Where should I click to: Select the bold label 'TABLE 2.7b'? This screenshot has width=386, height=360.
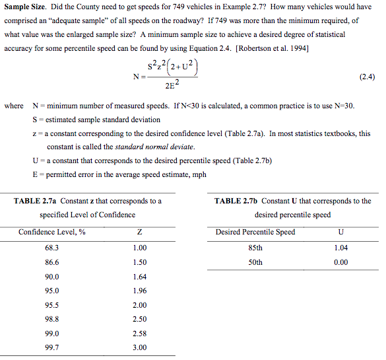(x=236, y=201)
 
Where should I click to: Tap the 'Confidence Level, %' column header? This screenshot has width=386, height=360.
(x=51, y=232)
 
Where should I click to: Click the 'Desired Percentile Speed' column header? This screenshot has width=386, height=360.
(x=255, y=232)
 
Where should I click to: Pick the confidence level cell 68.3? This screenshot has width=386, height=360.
(x=51, y=248)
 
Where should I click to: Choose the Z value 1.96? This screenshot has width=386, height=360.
(x=139, y=291)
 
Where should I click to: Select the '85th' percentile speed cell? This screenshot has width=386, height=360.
(x=255, y=248)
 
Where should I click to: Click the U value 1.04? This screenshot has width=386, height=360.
(x=340, y=248)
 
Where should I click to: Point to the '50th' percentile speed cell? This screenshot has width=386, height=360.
(x=255, y=262)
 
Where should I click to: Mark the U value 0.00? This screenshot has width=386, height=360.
(x=340, y=262)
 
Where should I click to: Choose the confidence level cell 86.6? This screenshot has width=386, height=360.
(x=51, y=262)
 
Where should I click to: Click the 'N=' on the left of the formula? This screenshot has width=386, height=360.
(x=138, y=77)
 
